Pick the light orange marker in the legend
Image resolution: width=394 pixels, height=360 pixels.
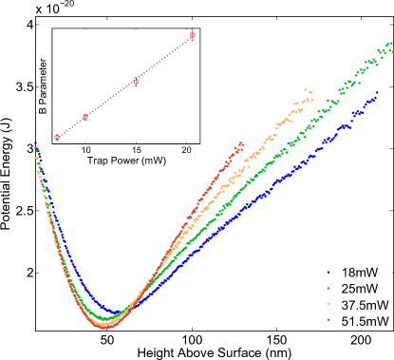click(325, 304)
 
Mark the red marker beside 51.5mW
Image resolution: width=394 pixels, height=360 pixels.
click(325, 322)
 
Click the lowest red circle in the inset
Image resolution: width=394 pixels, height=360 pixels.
click(58, 137)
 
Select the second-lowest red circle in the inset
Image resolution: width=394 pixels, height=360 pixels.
click(85, 117)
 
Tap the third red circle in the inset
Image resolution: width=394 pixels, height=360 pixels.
click(136, 82)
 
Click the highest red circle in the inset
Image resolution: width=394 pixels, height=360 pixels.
click(193, 35)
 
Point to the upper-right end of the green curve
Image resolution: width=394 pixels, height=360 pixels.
click(389, 44)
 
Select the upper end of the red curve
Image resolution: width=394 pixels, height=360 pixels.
click(243, 145)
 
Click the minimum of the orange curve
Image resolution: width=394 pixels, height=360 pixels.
click(106, 325)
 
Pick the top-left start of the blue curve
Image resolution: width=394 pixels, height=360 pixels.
click(35, 144)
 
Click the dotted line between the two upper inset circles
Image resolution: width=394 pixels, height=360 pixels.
click(164, 59)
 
